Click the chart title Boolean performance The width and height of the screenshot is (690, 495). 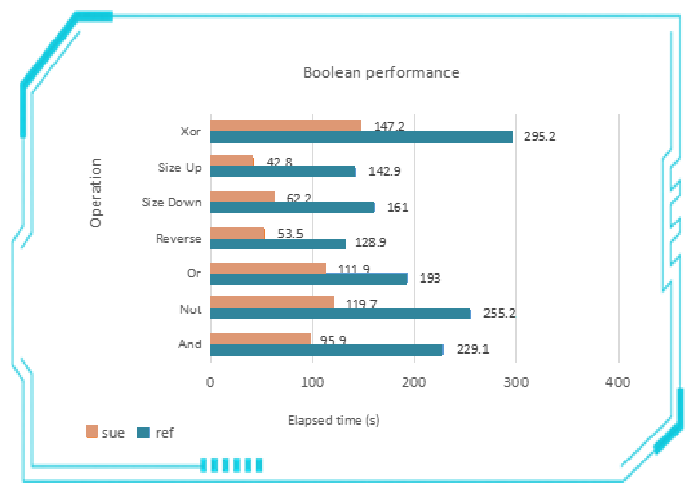click(381, 72)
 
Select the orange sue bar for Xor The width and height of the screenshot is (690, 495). click(285, 126)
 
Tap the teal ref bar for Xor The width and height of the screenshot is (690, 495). click(361, 137)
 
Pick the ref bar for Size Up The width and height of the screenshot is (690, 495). click(283, 172)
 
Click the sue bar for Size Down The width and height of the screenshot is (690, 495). click(242, 196)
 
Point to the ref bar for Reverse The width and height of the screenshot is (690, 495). click(277, 243)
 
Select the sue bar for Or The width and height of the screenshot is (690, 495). click(267, 268)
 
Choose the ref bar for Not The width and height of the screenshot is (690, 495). click(340, 314)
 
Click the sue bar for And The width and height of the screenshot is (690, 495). click(260, 339)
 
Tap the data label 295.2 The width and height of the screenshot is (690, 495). click(540, 137)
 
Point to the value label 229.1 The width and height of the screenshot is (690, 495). click(472, 350)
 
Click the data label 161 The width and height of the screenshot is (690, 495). click(398, 208)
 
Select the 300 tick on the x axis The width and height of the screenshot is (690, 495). click(516, 383)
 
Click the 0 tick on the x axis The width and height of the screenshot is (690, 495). click(210, 383)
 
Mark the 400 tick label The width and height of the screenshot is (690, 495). click(618, 383)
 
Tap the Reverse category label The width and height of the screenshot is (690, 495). click(179, 238)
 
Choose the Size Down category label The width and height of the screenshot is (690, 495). click(172, 202)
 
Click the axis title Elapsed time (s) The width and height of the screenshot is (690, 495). click(334, 420)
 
